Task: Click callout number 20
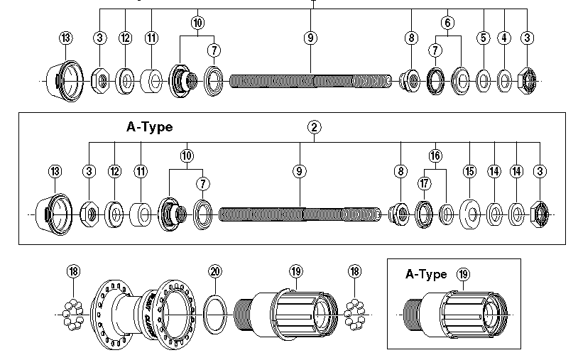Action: click(216, 271)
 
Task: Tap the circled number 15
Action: click(469, 171)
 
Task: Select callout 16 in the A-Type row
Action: click(435, 156)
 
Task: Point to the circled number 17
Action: click(425, 184)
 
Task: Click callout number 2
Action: click(314, 127)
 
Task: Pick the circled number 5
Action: click(484, 38)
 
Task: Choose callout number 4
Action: click(505, 38)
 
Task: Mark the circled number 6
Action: click(447, 22)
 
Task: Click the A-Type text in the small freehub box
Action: click(426, 275)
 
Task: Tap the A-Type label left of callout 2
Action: click(149, 127)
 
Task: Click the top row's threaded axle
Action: click(310, 80)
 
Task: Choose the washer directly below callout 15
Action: click(469, 213)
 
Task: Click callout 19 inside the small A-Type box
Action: click(464, 274)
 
